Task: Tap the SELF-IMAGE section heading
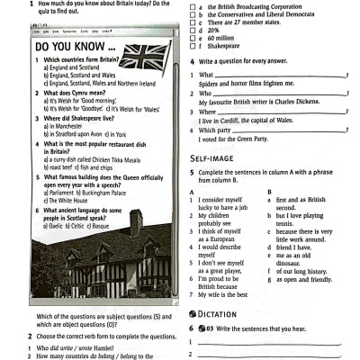211,157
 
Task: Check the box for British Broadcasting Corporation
192,7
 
